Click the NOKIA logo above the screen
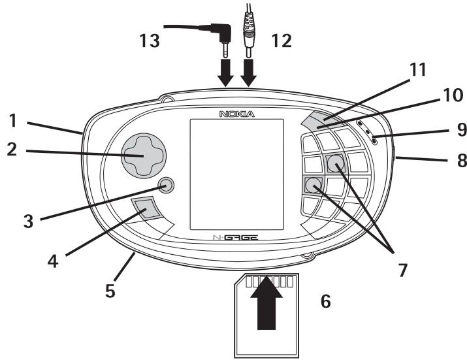click(x=236, y=114)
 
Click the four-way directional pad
click(x=144, y=156)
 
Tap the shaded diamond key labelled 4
click(x=146, y=209)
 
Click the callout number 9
click(x=444, y=129)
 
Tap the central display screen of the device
click(x=236, y=175)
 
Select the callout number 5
click(x=111, y=289)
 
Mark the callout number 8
click(x=444, y=158)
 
